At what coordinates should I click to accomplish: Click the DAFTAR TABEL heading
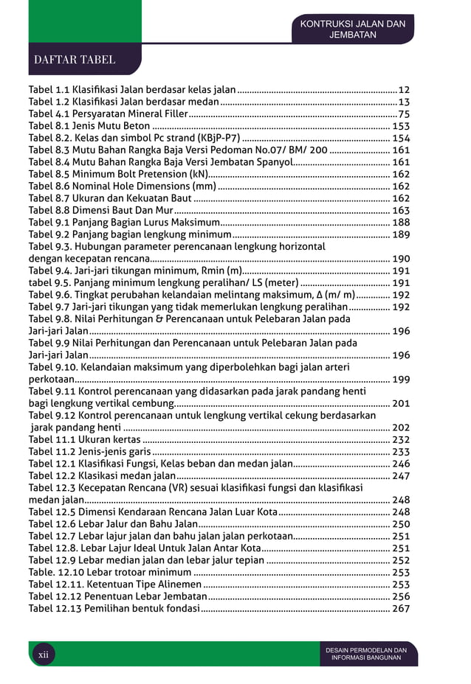[x=75, y=60]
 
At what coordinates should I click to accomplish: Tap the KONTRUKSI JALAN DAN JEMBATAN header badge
[x=352, y=29]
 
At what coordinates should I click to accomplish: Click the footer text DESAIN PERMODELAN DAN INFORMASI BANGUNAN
[x=366, y=654]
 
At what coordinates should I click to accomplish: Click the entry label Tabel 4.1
[x=48, y=114]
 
